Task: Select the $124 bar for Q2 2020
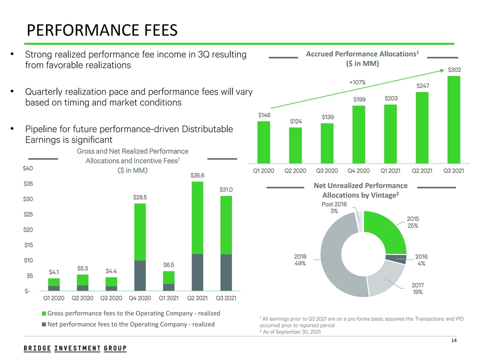(x=295, y=145)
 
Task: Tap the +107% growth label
(x=357, y=82)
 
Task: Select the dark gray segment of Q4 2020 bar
(x=139, y=275)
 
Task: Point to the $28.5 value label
(x=139, y=197)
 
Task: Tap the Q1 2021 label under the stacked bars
(x=168, y=298)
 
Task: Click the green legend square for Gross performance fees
(x=43, y=314)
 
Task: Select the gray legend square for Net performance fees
(x=43, y=324)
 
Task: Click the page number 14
(x=454, y=341)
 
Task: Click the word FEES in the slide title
(x=153, y=31)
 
